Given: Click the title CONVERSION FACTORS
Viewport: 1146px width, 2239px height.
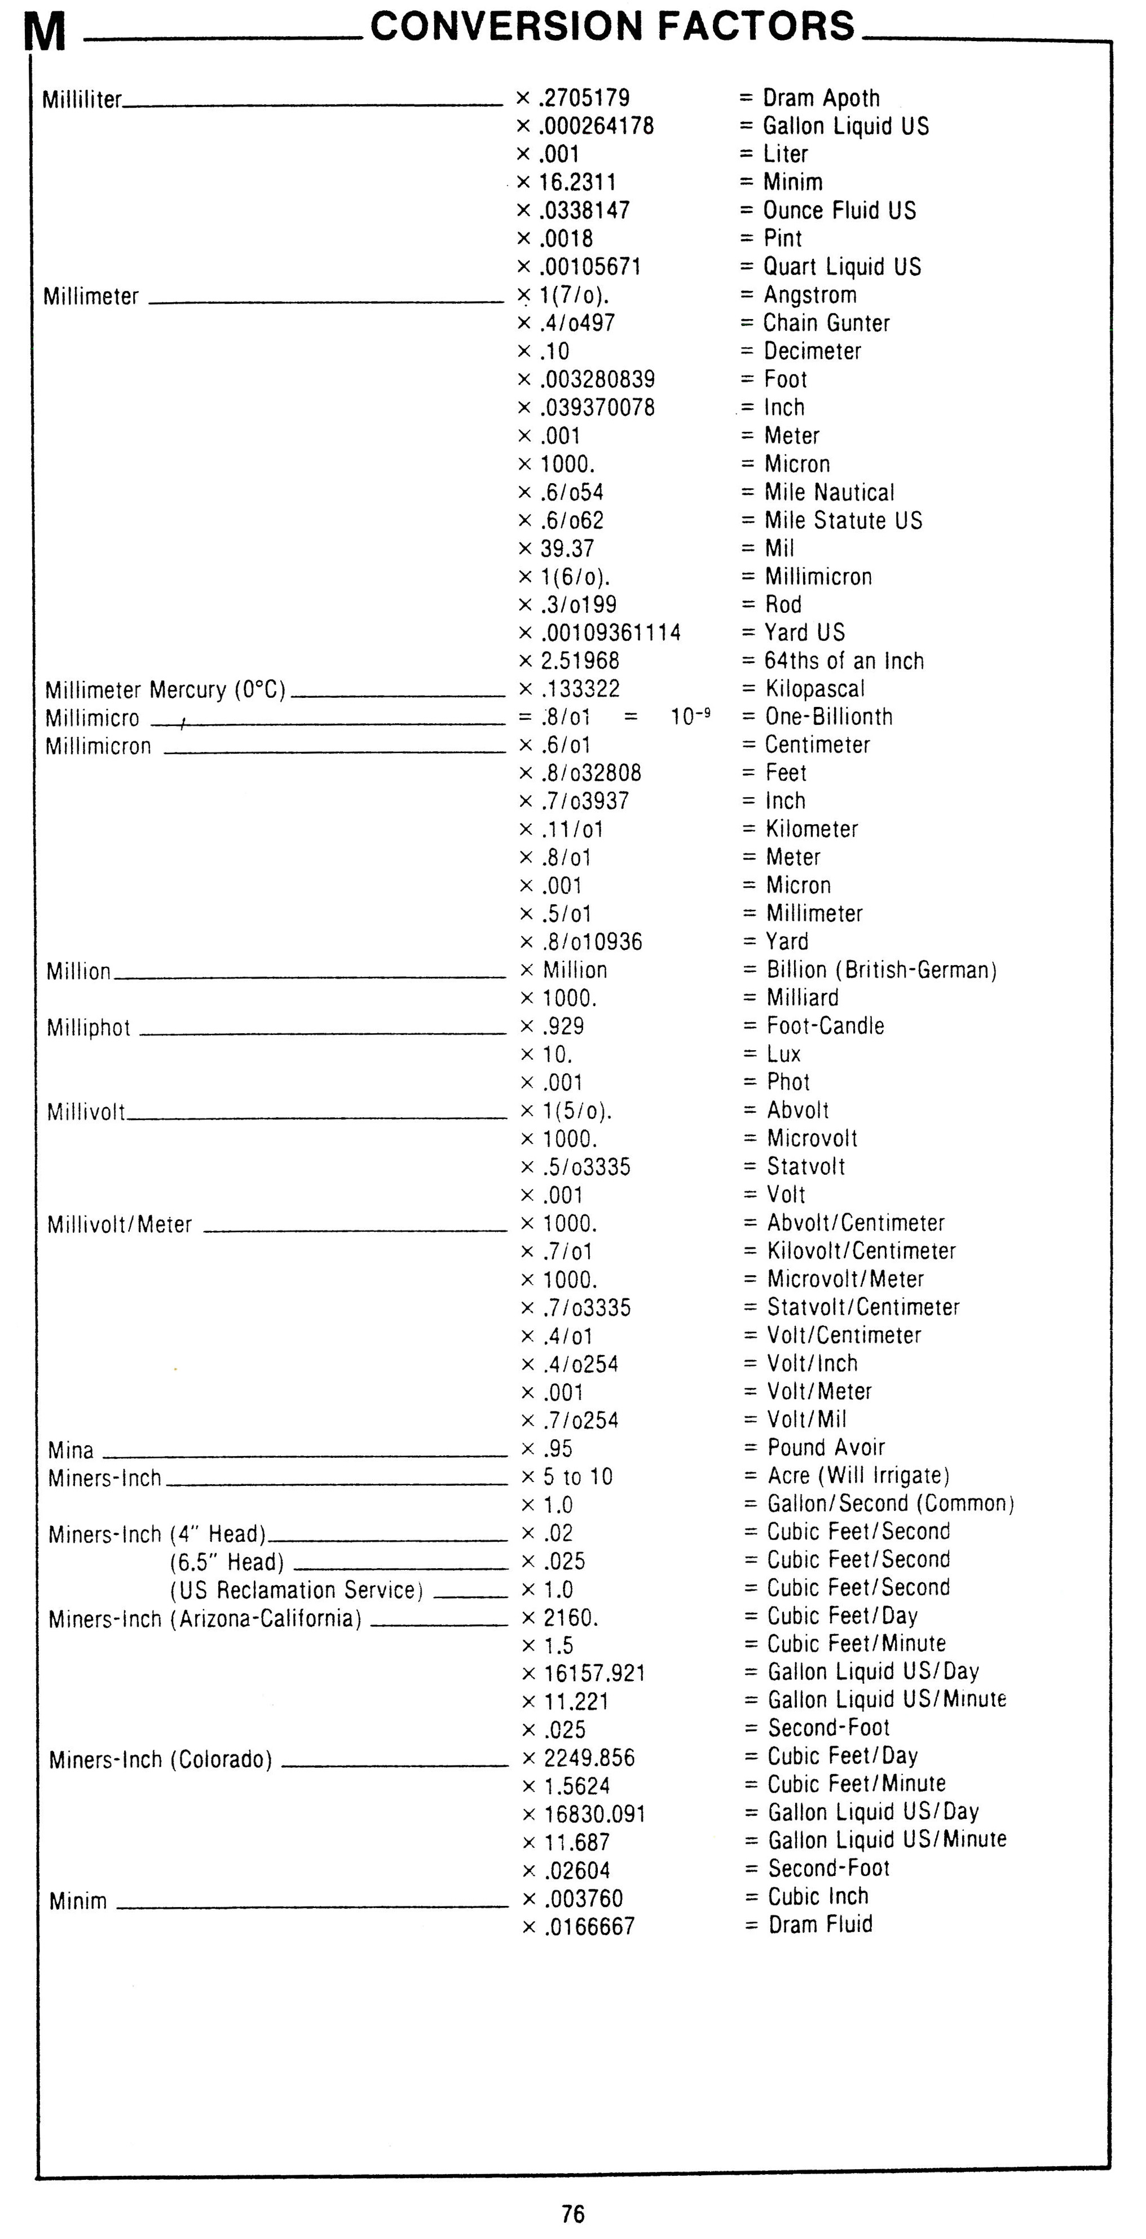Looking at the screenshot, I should coord(613,26).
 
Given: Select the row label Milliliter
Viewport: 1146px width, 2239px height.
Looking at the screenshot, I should coord(82,100).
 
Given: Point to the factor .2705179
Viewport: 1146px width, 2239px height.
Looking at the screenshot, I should coord(584,98).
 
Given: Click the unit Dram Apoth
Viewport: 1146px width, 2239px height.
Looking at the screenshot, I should coord(821,98).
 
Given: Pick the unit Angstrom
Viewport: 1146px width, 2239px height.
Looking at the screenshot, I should coord(809,295).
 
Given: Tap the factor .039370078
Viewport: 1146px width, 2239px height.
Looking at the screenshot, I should coord(597,407).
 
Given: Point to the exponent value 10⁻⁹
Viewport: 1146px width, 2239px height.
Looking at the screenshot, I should coord(690,716).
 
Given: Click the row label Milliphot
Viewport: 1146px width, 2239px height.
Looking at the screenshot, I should coord(89,1028).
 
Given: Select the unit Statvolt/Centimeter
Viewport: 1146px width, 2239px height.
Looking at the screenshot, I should coord(862,1307).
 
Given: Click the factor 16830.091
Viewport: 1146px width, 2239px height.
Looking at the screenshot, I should coord(595,1814).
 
